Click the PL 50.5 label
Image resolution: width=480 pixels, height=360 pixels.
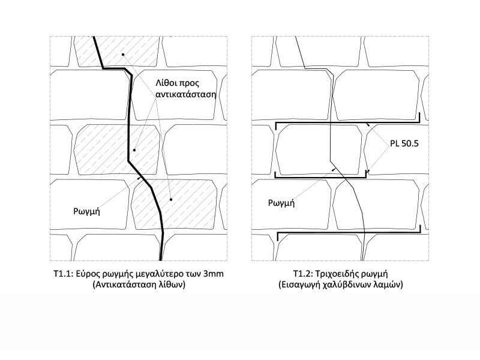[x=404, y=143]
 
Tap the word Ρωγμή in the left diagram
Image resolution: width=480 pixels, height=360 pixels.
[x=86, y=212]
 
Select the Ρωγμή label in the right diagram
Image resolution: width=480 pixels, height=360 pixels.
[x=281, y=203]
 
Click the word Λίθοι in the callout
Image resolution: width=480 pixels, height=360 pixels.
[x=167, y=83]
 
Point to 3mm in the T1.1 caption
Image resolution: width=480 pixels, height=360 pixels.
[x=214, y=274]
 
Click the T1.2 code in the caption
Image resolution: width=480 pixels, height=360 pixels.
[x=303, y=274]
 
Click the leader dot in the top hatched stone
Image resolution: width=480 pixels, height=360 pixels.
[x=123, y=55]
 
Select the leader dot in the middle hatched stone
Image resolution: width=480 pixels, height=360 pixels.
[x=134, y=150]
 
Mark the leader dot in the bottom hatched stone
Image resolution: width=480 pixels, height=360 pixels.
[x=171, y=200]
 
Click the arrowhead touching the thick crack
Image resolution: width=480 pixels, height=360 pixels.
[x=140, y=178]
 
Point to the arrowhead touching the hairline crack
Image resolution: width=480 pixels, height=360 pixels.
[x=334, y=169]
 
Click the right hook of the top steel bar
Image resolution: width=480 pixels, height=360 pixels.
[x=419, y=117]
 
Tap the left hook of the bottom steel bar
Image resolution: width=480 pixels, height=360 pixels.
[x=278, y=236]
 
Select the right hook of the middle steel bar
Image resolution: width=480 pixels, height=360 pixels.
[x=366, y=174]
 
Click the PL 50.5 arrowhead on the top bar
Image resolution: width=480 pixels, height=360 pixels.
[x=368, y=125]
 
